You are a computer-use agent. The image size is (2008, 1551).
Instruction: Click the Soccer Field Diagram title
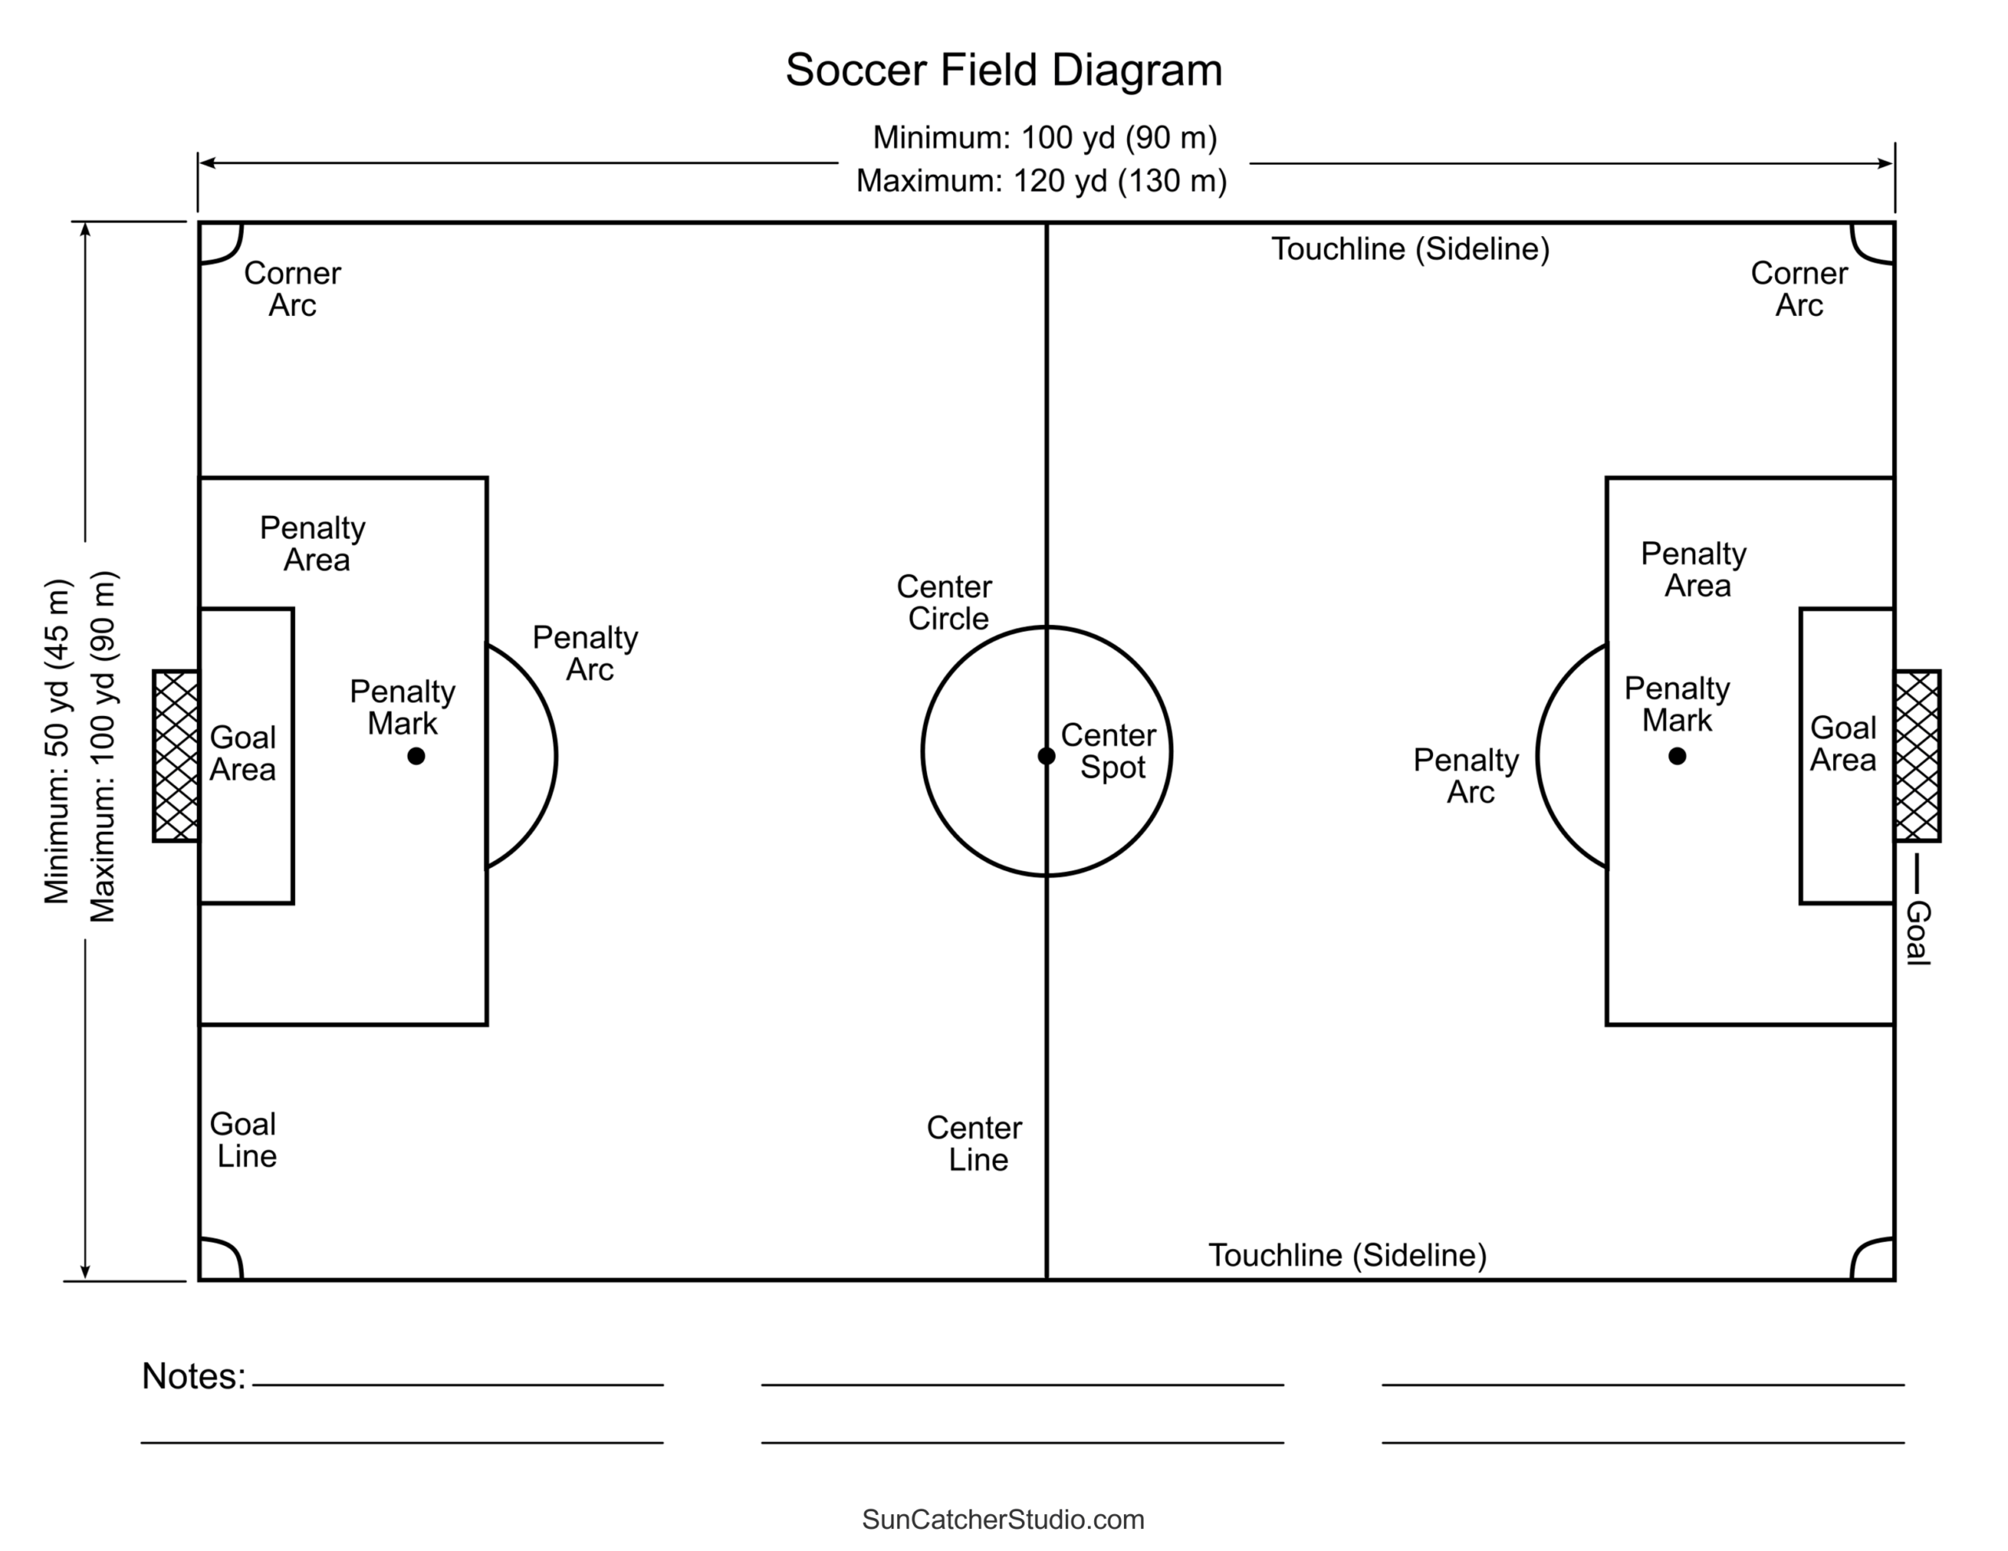coord(1003,71)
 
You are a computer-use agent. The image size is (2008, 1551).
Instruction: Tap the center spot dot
coord(1046,756)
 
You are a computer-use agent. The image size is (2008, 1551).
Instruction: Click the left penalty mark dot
coord(417,756)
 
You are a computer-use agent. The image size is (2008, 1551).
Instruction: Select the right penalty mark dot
coord(1677,756)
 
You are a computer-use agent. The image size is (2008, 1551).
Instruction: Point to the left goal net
coord(176,756)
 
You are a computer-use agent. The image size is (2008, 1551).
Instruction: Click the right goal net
coord(1917,756)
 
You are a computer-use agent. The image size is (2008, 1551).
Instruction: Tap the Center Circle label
coord(945,603)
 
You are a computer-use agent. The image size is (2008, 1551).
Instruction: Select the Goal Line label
coord(244,1140)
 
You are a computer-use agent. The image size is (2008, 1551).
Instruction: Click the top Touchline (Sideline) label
coord(1410,249)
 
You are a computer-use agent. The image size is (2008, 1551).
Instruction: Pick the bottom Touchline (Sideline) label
coord(1347,1255)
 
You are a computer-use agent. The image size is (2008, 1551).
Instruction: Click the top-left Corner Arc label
coord(293,289)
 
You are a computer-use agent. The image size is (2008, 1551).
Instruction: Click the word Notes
coord(194,1376)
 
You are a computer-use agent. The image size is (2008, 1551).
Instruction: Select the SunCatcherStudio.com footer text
coord(1003,1520)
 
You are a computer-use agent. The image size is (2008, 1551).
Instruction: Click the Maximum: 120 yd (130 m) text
coord(1042,181)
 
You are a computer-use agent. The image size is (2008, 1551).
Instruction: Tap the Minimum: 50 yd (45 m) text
coord(57,741)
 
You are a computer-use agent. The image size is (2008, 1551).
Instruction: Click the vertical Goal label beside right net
coord(1918,932)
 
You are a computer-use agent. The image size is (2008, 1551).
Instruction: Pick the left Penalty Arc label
coord(587,654)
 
